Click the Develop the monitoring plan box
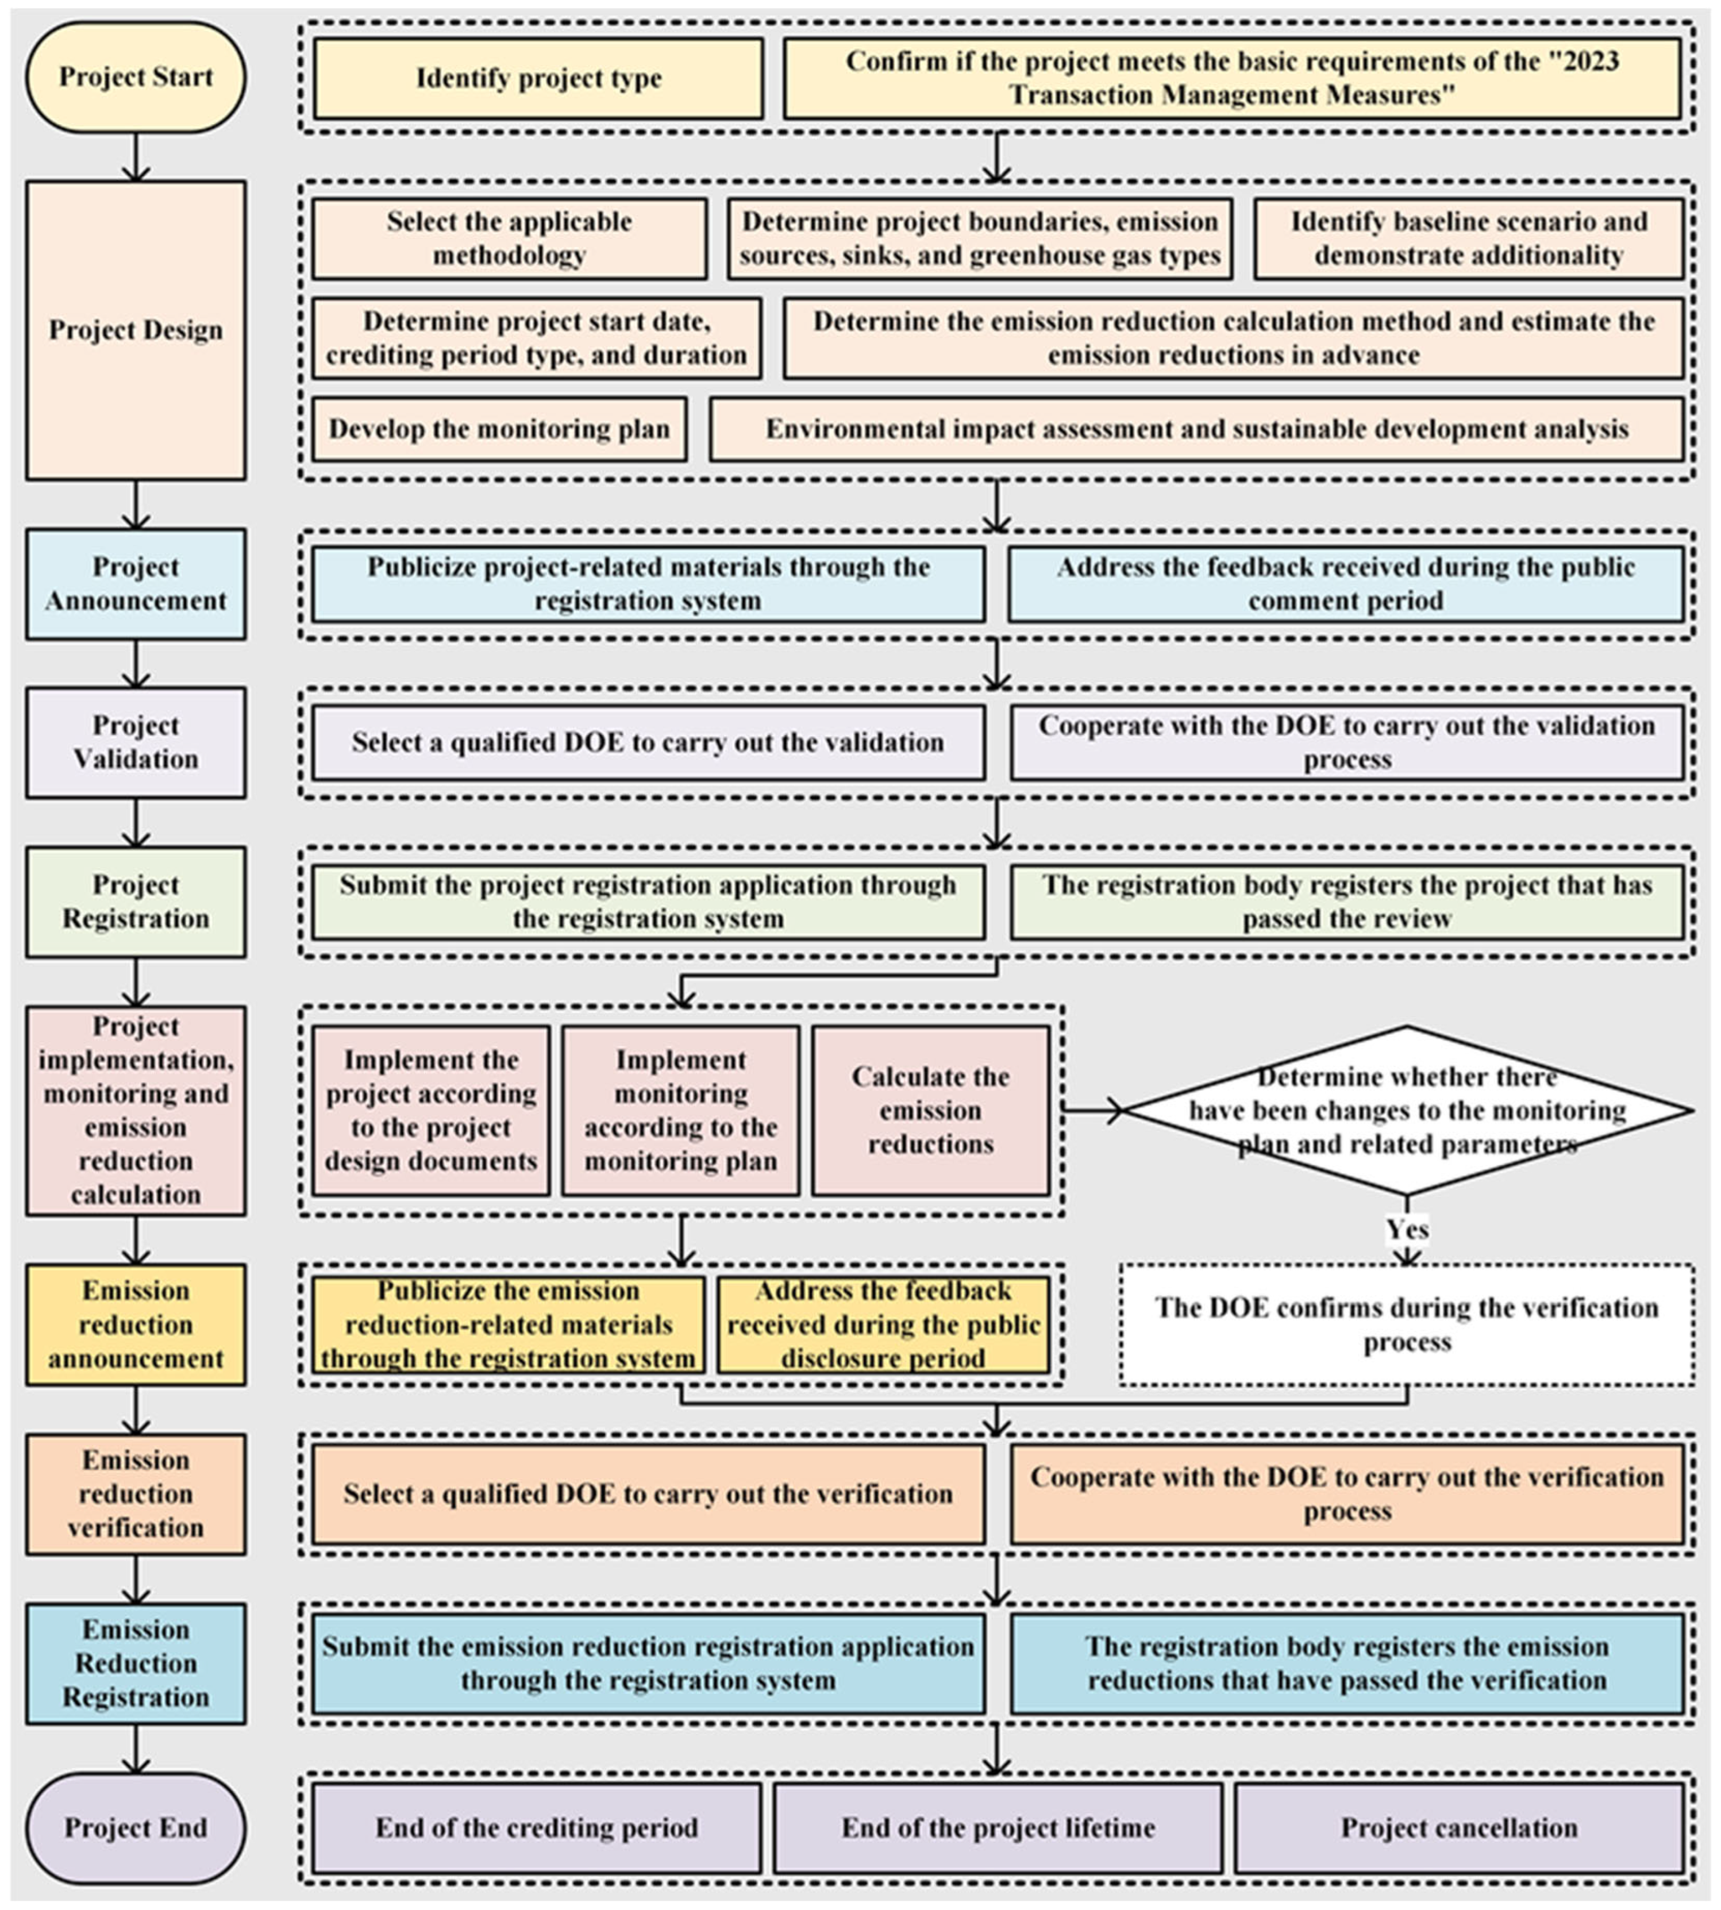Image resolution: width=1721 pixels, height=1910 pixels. [x=499, y=429]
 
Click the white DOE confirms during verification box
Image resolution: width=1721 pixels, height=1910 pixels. [x=1406, y=1324]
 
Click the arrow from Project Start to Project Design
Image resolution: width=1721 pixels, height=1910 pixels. [x=136, y=157]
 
